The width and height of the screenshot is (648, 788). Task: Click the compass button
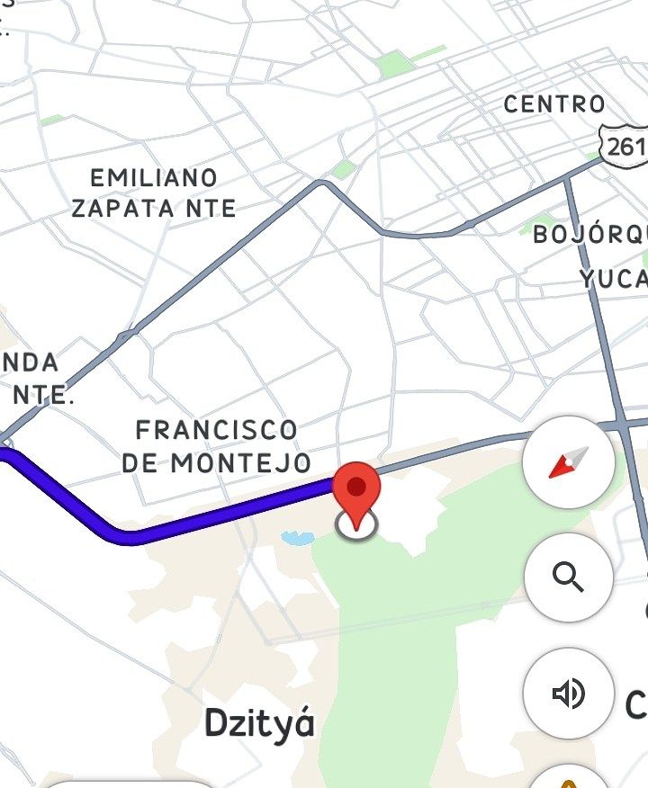click(x=568, y=462)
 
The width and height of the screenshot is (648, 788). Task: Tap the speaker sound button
click(x=568, y=693)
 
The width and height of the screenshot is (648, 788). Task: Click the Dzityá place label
click(x=260, y=722)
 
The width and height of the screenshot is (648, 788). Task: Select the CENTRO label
click(x=554, y=104)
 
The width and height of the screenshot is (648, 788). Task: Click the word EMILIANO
click(x=154, y=177)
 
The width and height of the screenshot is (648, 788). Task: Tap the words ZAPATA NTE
click(x=154, y=209)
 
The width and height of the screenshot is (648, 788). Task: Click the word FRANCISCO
click(x=216, y=429)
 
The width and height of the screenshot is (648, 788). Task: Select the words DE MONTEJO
click(x=216, y=463)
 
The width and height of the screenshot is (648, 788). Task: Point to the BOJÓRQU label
click(x=590, y=235)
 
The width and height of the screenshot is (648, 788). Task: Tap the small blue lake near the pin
click(x=297, y=538)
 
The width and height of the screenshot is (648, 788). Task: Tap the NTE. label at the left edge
click(x=43, y=395)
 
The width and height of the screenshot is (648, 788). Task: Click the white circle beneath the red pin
click(x=357, y=526)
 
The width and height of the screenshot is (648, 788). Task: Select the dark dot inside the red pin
click(x=357, y=487)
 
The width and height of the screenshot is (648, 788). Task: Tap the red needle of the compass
click(x=562, y=468)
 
